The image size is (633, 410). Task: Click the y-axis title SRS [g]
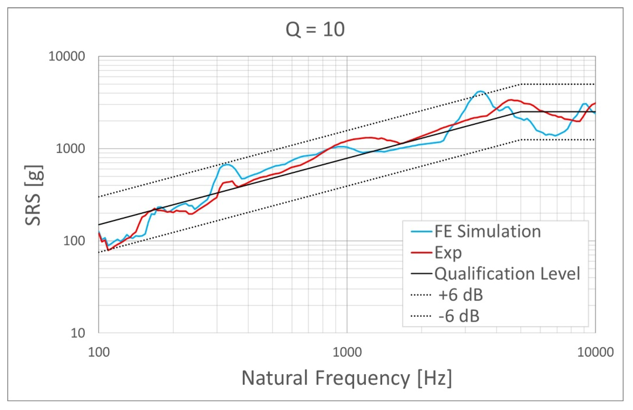coord(34,195)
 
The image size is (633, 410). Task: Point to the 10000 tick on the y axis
coord(66,56)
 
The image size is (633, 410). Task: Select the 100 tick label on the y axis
coord(74,241)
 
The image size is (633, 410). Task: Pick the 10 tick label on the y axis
coord(78,333)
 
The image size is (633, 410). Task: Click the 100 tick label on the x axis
coord(99,352)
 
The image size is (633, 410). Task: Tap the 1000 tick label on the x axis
coord(347,352)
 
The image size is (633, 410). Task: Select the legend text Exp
coord(448,252)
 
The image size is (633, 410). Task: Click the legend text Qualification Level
coord(507,273)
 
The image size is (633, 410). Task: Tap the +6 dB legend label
coord(460,295)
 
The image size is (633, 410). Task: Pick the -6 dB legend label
coord(459,316)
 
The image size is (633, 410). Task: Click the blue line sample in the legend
coord(421,231)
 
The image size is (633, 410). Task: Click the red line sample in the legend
coord(421,252)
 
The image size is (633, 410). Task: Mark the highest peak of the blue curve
coord(480,91)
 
